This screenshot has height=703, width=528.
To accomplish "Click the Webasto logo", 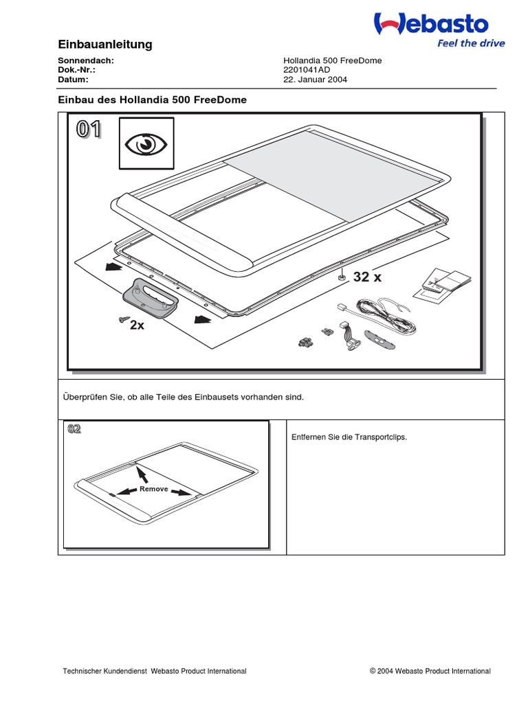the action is pyautogui.click(x=431, y=24).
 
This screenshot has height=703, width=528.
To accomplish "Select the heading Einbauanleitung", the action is pyautogui.click(x=105, y=45).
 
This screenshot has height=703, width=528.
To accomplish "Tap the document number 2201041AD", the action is pyautogui.click(x=307, y=69).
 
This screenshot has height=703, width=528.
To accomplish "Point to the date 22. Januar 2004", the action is pyautogui.click(x=316, y=79).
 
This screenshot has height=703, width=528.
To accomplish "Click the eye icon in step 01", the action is pyautogui.click(x=146, y=144).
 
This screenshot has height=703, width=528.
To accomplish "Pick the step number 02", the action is pyautogui.click(x=74, y=430).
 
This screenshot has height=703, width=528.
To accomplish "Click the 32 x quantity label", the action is pyautogui.click(x=367, y=277).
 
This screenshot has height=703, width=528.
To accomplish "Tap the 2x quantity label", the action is pyautogui.click(x=137, y=325).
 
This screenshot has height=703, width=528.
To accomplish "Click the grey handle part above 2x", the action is pyautogui.click(x=151, y=297).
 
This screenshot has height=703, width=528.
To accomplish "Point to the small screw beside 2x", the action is pyautogui.click(x=124, y=319).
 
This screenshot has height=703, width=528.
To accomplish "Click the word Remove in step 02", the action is pyautogui.click(x=153, y=489).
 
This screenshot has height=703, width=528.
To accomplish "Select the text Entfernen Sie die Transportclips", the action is pyautogui.click(x=349, y=437).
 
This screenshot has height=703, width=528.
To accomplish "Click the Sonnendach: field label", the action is pyautogui.click(x=85, y=60).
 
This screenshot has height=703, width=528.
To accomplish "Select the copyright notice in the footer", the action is pyautogui.click(x=430, y=671).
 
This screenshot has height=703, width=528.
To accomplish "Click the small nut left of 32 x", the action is pyautogui.click(x=342, y=278).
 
